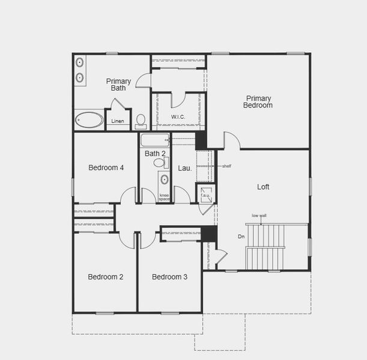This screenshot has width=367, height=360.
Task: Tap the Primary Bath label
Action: click(x=118, y=85)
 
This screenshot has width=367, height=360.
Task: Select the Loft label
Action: click(x=263, y=187)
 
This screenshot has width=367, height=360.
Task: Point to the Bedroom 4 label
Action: click(x=106, y=167)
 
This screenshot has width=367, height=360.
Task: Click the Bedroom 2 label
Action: click(x=105, y=277)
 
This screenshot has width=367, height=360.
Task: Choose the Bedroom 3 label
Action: click(x=169, y=277)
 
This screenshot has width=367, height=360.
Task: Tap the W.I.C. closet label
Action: click(x=178, y=117)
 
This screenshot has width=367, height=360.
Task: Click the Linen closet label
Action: click(x=118, y=121)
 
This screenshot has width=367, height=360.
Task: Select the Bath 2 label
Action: click(x=155, y=154)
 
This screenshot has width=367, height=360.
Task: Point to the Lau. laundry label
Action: click(x=184, y=168)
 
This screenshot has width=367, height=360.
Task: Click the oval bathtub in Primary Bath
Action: click(x=89, y=119)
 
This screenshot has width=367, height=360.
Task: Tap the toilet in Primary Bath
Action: click(x=141, y=121)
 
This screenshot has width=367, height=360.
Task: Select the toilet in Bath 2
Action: click(x=160, y=163)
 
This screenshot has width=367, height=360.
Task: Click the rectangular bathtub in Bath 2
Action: click(x=155, y=140)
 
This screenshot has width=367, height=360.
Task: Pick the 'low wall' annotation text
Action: click(x=259, y=215)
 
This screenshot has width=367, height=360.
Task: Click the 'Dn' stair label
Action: click(x=241, y=236)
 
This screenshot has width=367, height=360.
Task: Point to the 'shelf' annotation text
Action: click(x=226, y=166)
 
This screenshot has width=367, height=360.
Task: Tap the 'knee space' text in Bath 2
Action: click(x=164, y=197)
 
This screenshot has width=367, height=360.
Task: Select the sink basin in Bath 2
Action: click(x=164, y=179)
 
